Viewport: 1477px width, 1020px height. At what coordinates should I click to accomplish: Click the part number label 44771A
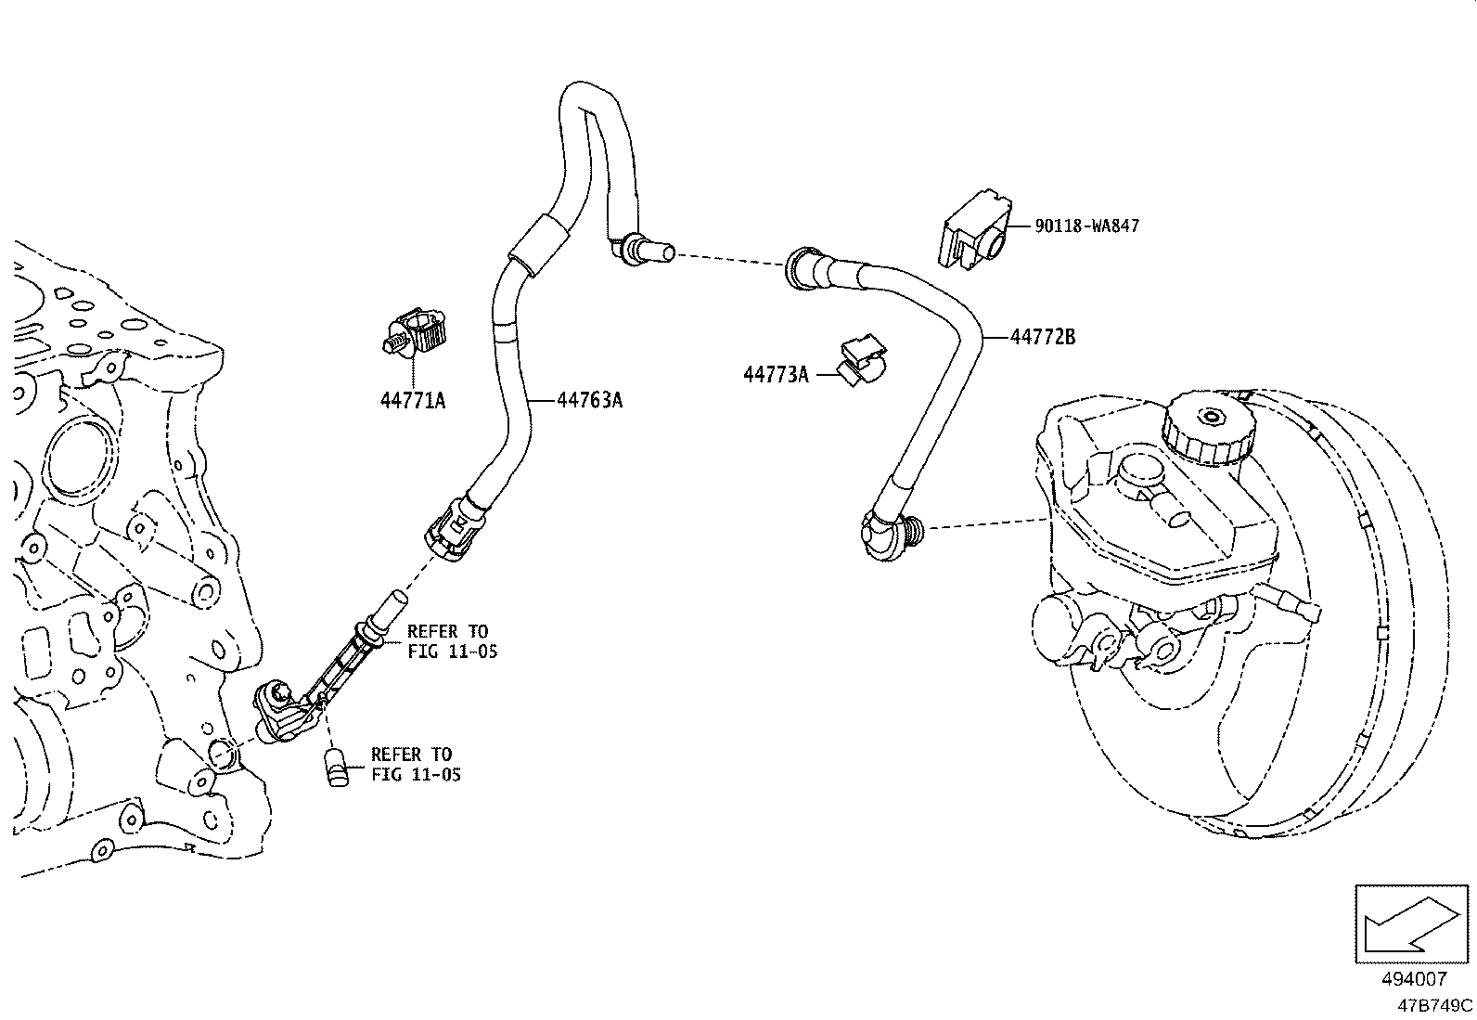(x=412, y=401)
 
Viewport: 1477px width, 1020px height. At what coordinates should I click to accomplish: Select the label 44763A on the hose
(x=589, y=400)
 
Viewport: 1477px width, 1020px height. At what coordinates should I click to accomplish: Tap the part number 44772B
(x=1042, y=337)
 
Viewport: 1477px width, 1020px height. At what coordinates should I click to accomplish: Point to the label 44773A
(x=776, y=374)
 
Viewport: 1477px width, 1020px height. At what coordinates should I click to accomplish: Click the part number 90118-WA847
(x=1086, y=226)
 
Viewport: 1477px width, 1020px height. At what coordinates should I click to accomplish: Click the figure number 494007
(x=1414, y=979)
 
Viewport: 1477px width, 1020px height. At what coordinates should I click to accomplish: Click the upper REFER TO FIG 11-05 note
(x=452, y=641)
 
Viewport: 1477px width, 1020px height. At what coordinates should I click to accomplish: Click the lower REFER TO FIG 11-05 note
(x=416, y=764)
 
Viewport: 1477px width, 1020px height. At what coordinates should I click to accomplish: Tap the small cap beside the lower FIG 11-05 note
(x=336, y=769)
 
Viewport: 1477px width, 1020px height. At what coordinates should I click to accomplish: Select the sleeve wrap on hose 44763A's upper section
(x=535, y=243)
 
